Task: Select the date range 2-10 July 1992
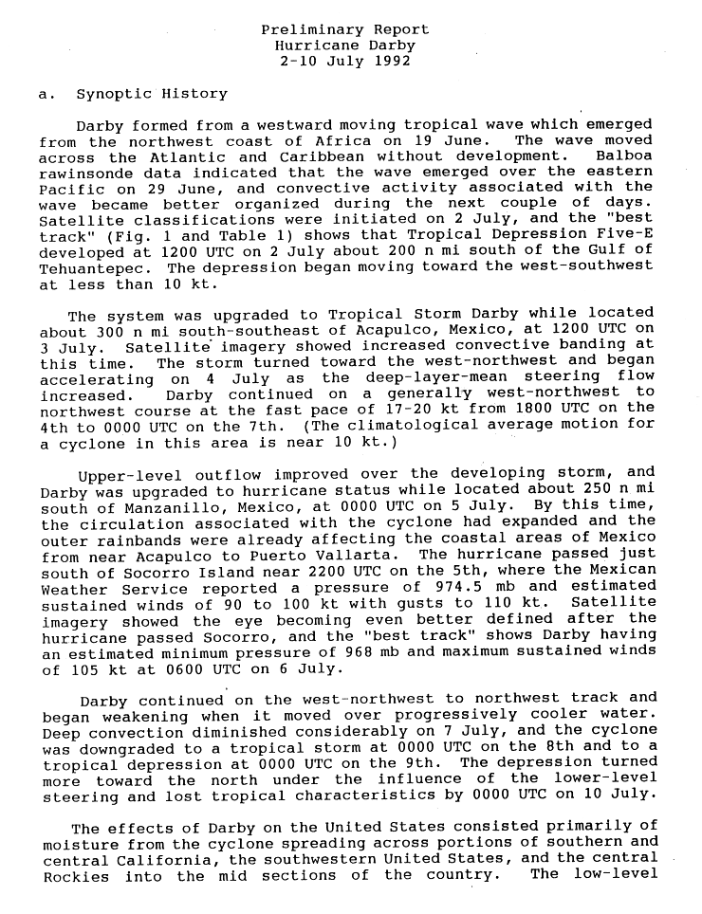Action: pos(344,62)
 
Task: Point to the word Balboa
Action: pos(624,155)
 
